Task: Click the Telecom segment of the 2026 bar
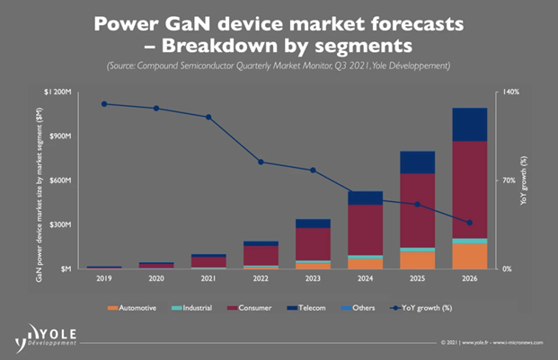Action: [x=469, y=124]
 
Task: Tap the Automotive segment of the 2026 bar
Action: [x=469, y=256]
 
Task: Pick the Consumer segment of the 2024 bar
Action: [x=364, y=230]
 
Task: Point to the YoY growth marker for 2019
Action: [x=105, y=104]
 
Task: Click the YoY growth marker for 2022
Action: [x=261, y=162]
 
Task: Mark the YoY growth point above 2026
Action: [x=469, y=223]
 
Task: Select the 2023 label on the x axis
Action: [x=313, y=278]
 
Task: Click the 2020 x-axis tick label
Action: [x=157, y=278]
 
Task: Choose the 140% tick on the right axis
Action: [x=510, y=92]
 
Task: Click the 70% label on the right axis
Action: [x=509, y=180]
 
